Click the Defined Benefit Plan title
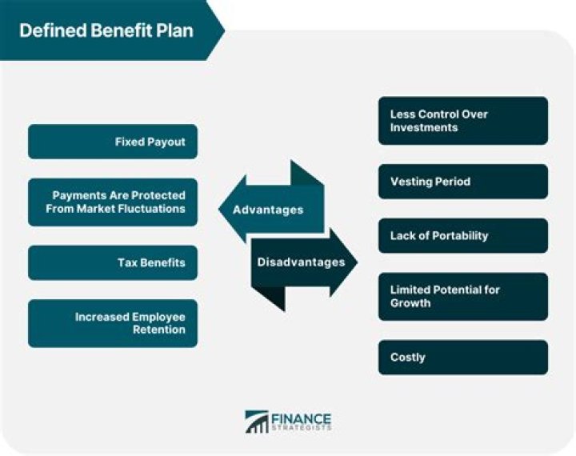[x=106, y=30]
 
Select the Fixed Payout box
[x=113, y=142]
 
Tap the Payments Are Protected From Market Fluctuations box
[x=113, y=202]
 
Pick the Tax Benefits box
[x=113, y=262]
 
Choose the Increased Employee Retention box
[x=113, y=323]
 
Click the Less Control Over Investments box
[x=463, y=121]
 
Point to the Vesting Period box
[x=463, y=182]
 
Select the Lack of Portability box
[x=463, y=236]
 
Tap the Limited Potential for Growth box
[x=463, y=297]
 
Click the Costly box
[x=463, y=358]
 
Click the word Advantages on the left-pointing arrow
[x=268, y=210]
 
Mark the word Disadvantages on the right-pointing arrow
[x=301, y=262]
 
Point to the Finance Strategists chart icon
[x=257, y=422]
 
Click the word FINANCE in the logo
[x=301, y=419]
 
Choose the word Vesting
[x=410, y=182]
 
